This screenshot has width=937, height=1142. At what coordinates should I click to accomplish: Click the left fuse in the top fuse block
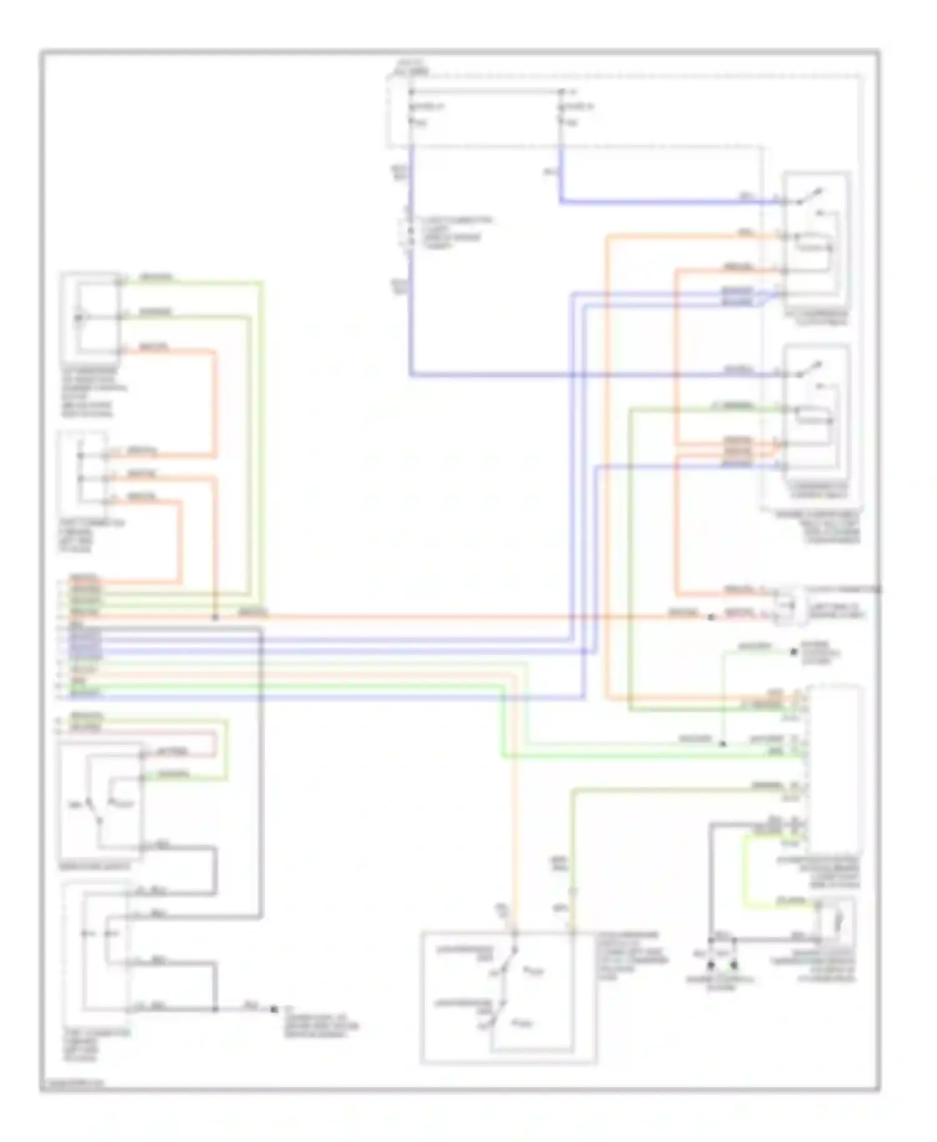[412, 107]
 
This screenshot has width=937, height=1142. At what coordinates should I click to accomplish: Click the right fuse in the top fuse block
[561, 107]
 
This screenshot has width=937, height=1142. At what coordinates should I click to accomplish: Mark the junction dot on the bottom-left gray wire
[216, 1008]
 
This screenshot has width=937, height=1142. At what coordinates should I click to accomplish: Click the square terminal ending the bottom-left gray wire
[274, 1008]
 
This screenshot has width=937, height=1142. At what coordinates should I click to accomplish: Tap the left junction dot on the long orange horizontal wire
[215, 617]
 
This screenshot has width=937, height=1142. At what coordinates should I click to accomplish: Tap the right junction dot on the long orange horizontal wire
[710, 617]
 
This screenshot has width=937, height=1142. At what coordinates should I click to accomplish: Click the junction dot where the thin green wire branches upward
[723, 743]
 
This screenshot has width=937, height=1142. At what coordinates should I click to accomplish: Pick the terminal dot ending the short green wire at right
[794, 652]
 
